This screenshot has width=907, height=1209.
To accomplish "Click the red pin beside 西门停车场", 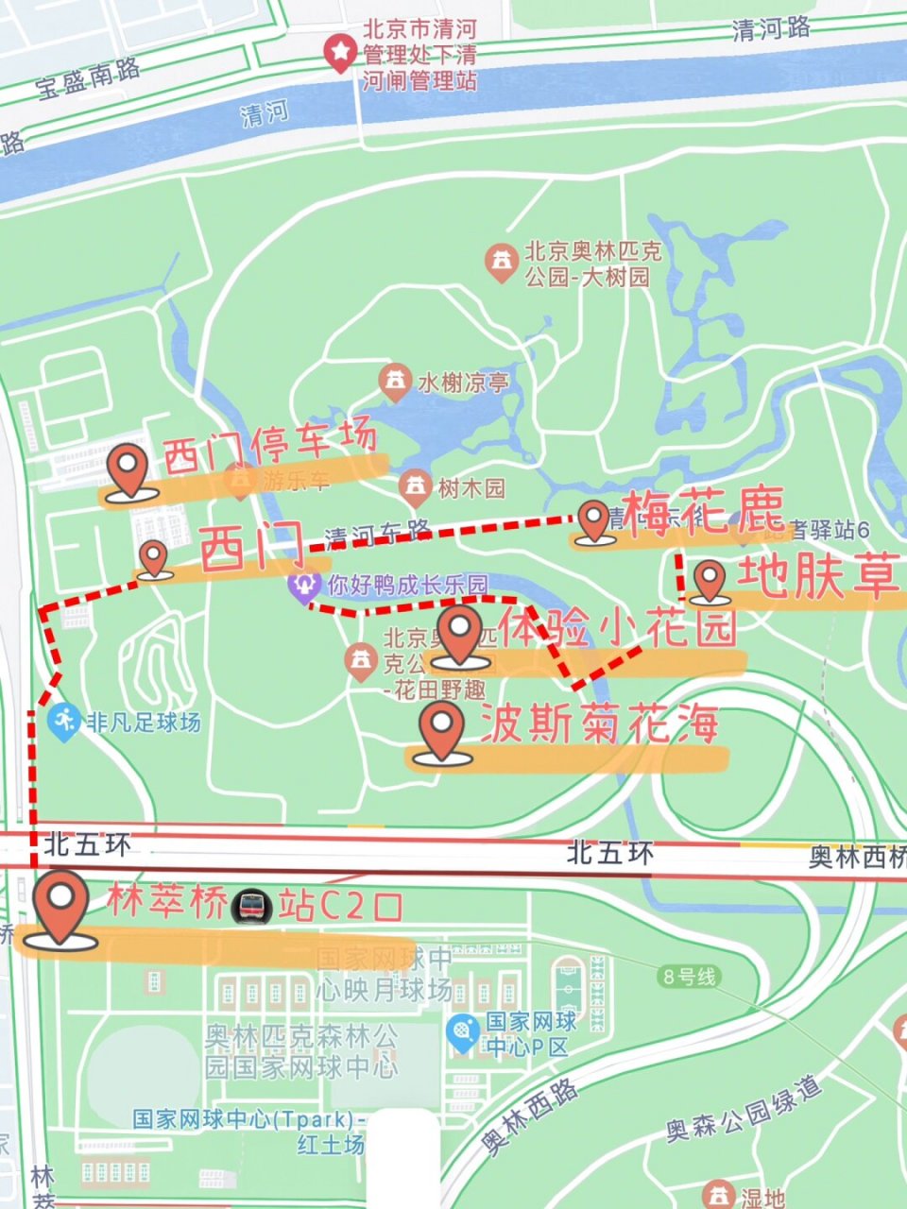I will (126, 470).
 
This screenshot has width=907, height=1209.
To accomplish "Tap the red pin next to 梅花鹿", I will (593, 519).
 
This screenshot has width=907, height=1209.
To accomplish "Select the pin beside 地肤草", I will (709, 579).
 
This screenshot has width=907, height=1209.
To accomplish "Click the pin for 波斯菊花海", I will (441, 730).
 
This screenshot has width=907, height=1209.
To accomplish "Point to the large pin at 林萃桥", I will (61, 905).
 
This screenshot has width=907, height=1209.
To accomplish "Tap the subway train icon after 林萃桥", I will (252, 906).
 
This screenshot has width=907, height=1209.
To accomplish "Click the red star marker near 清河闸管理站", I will (338, 54).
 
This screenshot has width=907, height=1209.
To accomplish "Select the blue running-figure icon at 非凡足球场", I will (63, 723).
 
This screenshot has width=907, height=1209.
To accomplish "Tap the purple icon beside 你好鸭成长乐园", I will (303, 587).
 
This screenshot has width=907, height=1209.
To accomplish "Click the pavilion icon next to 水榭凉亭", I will (394, 382).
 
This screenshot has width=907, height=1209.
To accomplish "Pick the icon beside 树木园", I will (414, 487).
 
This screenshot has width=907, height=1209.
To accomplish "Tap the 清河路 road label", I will (770, 29).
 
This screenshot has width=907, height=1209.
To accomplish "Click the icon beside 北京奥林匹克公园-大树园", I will (501, 263).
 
